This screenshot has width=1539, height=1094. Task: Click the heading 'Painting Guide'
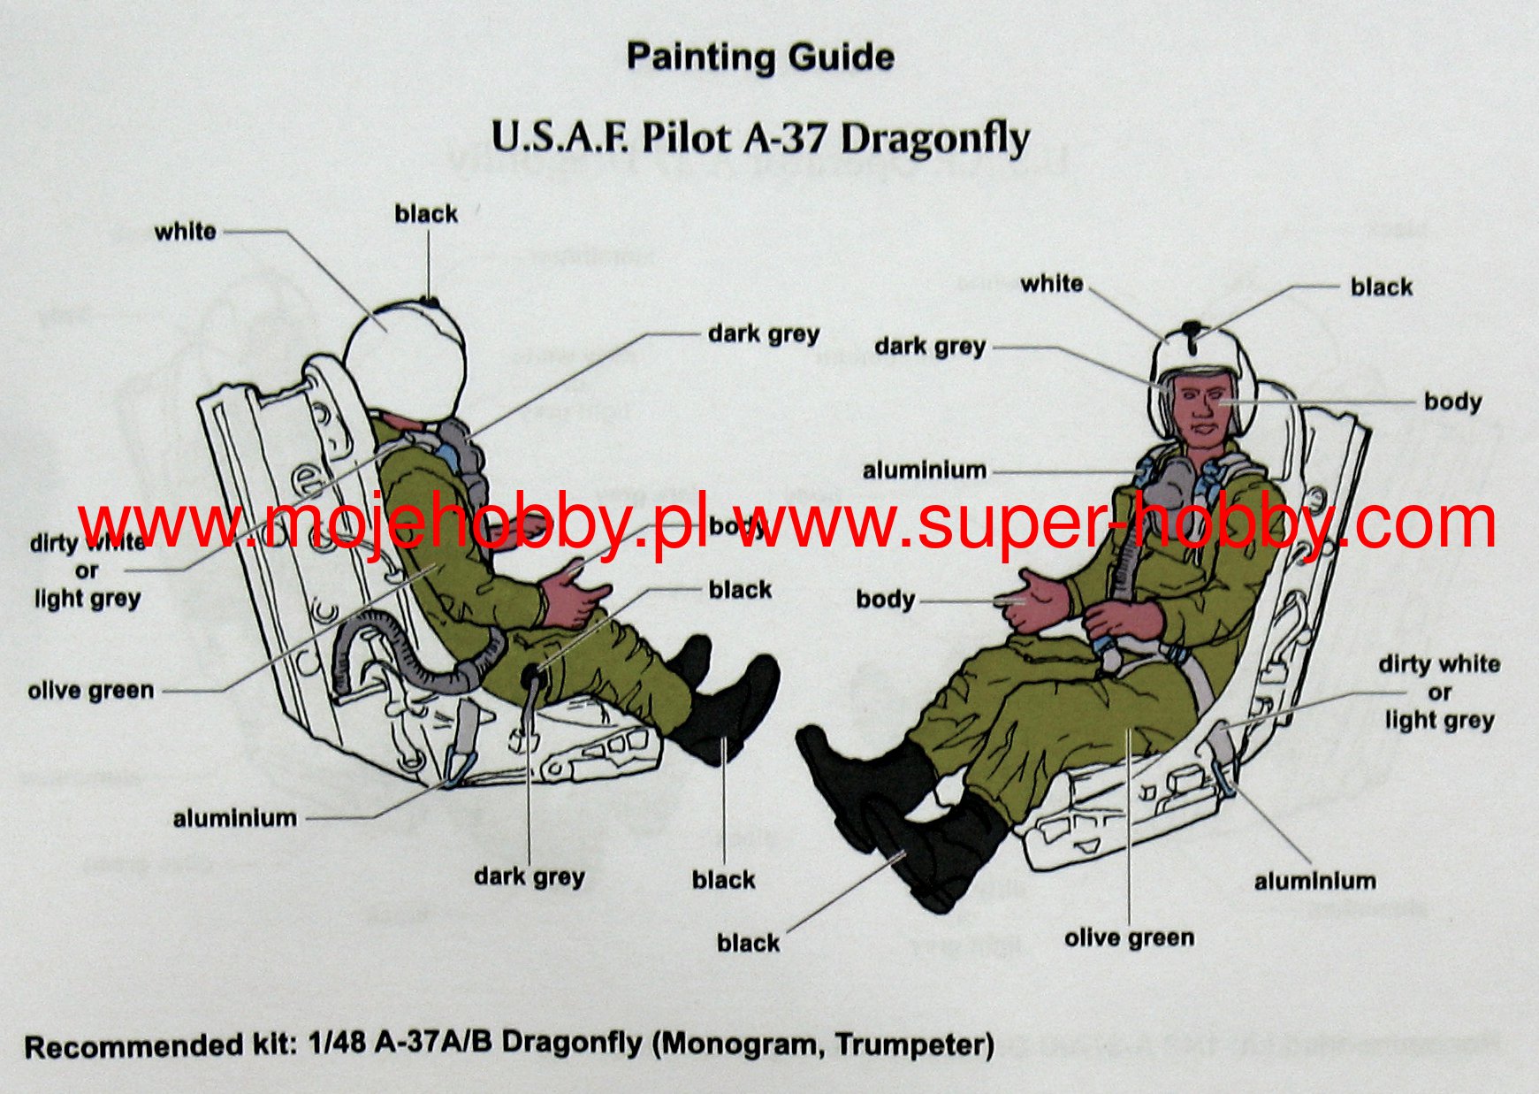(759, 57)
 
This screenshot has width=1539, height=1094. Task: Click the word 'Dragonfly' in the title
(934, 139)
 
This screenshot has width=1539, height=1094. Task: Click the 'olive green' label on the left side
(91, 691)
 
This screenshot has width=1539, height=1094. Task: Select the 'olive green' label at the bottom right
(1129, 937)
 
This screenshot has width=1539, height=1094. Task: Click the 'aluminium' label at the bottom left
(235, 819)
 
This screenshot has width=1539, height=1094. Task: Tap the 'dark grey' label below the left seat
(529, 877)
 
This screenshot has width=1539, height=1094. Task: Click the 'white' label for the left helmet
(185, 232)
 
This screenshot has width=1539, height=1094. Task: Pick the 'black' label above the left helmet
(426, 214)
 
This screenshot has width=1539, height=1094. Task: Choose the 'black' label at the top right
(1381, 287)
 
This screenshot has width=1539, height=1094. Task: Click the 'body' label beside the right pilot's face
(1452, 402)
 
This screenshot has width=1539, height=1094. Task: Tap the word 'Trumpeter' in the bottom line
(914, 1044)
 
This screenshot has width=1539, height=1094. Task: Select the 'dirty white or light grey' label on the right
(1439, 692)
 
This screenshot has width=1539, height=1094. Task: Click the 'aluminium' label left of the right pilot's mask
(925, 470)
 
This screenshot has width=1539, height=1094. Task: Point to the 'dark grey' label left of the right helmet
(930, 347)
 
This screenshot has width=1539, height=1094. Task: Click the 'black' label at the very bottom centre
(748, 944)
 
